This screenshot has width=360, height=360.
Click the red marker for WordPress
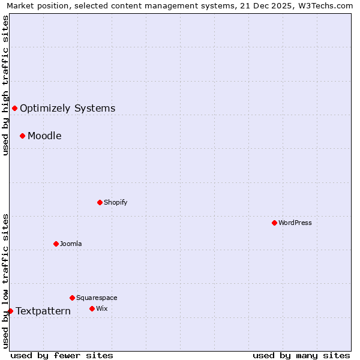[274, 223]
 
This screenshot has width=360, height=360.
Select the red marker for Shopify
[100, 202]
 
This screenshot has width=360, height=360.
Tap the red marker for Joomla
[56, 244]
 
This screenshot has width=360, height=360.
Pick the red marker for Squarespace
[72, 298]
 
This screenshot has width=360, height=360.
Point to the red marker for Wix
[92, 308]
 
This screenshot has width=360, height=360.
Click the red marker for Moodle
[22, 136]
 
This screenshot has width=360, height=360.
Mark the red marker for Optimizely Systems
[14, 108]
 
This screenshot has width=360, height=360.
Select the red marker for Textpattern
[10, 311]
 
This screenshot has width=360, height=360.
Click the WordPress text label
[295, 223]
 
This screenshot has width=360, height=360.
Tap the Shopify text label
[115, 202]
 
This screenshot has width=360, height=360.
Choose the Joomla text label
[71, 244]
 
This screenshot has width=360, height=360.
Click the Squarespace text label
[97, 298]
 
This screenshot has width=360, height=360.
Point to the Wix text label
[101, 308]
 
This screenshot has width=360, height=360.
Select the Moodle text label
[44, 136]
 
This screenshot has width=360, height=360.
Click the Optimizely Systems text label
[67, 108]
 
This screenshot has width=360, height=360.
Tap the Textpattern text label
[43, 311]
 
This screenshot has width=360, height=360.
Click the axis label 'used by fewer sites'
[62, 355]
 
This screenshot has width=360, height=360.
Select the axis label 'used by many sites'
[301, 355]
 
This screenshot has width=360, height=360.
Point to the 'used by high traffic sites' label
[5, 85]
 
